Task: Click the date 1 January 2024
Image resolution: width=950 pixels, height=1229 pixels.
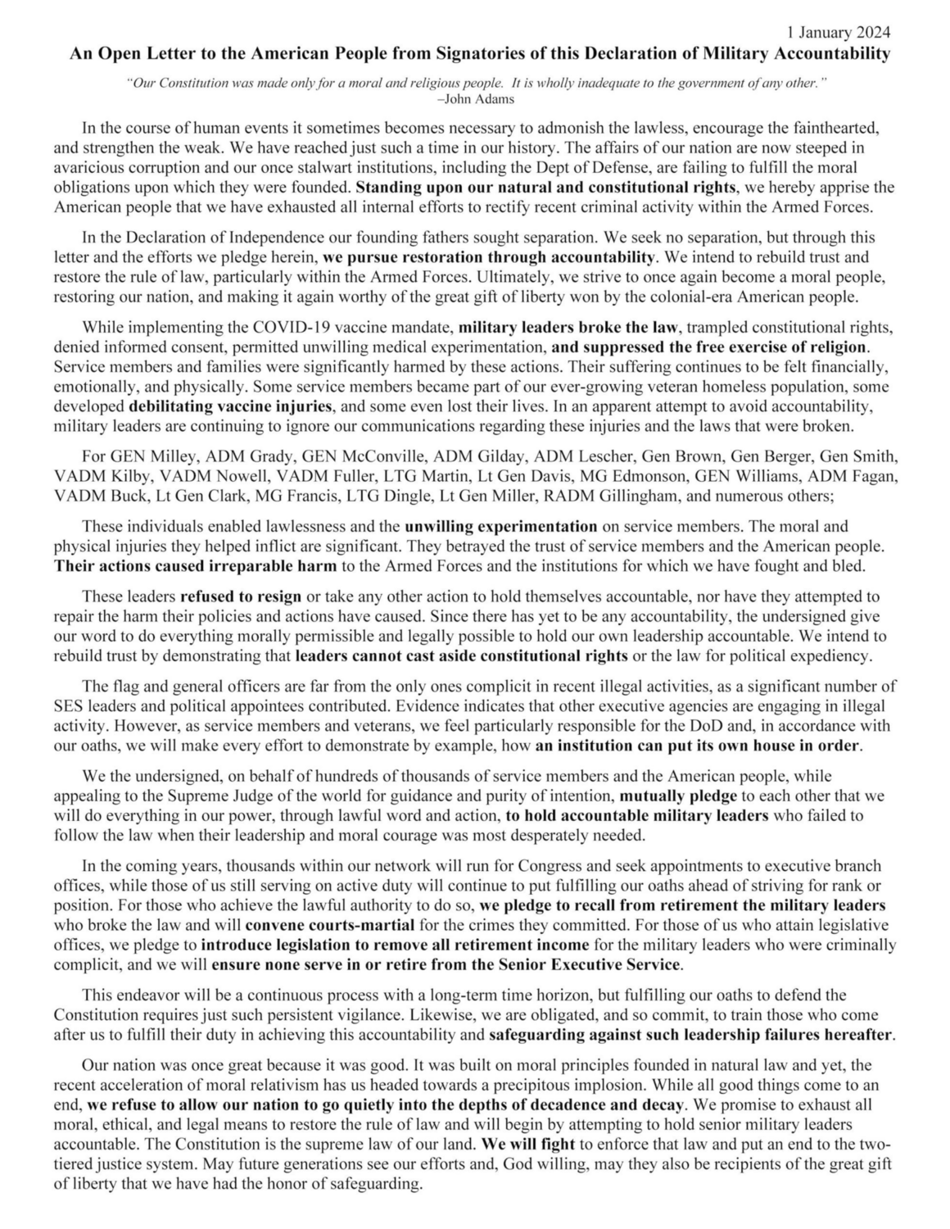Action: click(838, 33)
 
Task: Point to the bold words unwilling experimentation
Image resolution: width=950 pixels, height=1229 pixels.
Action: click(500, 526)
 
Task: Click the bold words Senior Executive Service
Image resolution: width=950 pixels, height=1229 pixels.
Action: click(583, 964)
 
